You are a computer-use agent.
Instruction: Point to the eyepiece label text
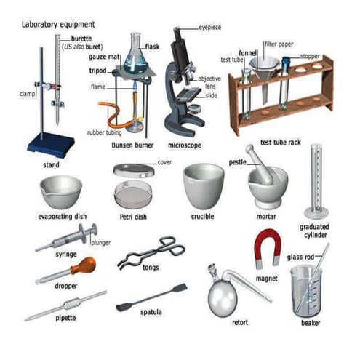point(212,27)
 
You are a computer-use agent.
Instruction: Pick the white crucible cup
point(203,185)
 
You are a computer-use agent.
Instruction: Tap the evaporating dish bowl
point(60,191)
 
